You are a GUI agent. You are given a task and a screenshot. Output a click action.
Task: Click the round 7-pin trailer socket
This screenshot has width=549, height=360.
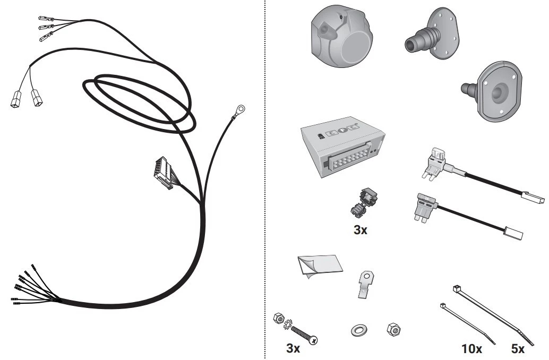tap(341, 36)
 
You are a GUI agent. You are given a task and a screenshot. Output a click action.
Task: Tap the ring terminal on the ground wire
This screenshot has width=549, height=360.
tap(240, 109)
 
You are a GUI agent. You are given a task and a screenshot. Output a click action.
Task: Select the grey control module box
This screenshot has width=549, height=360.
tap(343, 147)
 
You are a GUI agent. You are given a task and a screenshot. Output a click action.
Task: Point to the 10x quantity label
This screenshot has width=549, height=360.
tap(471, 348)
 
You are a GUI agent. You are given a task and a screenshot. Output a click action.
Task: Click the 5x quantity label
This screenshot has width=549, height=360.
tap(518, 348)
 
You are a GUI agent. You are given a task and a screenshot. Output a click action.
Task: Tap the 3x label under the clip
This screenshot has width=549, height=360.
tap(361, 230)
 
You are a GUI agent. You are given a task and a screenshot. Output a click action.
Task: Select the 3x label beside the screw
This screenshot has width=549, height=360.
tap(293, 348)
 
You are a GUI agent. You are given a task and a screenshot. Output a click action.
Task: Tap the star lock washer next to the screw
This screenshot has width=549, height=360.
tap(288, 324)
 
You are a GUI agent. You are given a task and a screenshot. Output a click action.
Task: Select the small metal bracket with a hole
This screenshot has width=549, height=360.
tap(365, 284)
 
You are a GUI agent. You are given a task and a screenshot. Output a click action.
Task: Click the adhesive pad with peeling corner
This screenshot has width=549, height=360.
tap(319, 267)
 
